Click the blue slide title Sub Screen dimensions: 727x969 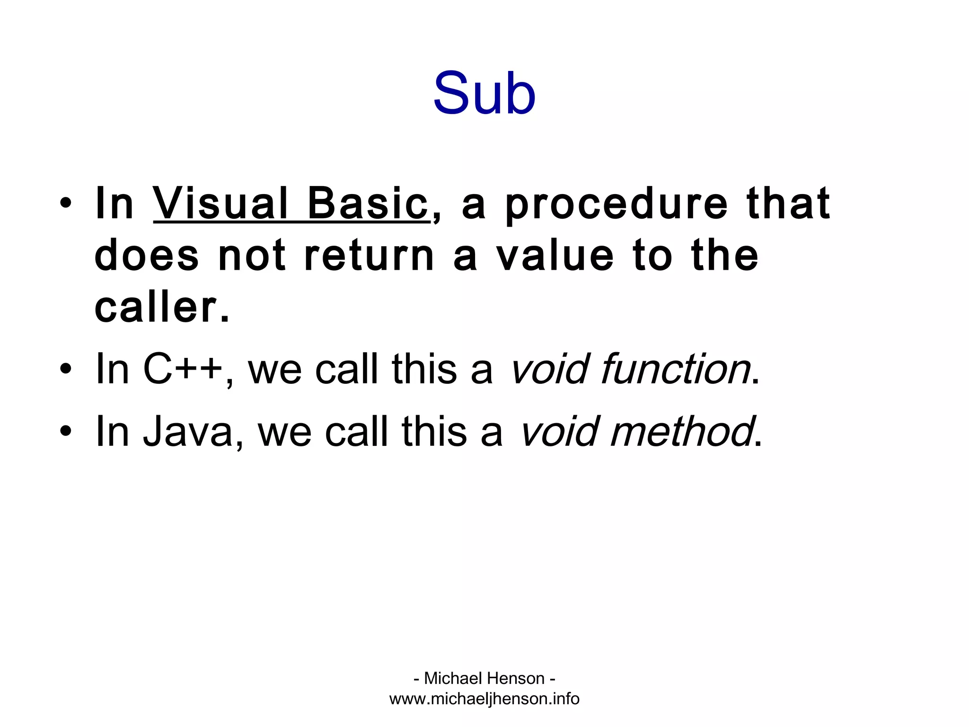click(484, 93)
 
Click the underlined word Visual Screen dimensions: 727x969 click(220, 204)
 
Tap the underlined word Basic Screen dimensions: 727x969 click(368, 204)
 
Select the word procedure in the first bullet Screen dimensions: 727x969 click(616, 204)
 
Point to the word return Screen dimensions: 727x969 click(369, 256)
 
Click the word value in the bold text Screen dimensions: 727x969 click(555, 256)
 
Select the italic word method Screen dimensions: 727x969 click(682, 431)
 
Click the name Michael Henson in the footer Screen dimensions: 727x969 click(484, 678)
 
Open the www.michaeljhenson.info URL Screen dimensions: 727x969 click(484, 699)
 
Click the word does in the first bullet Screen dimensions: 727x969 click(147, 256)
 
